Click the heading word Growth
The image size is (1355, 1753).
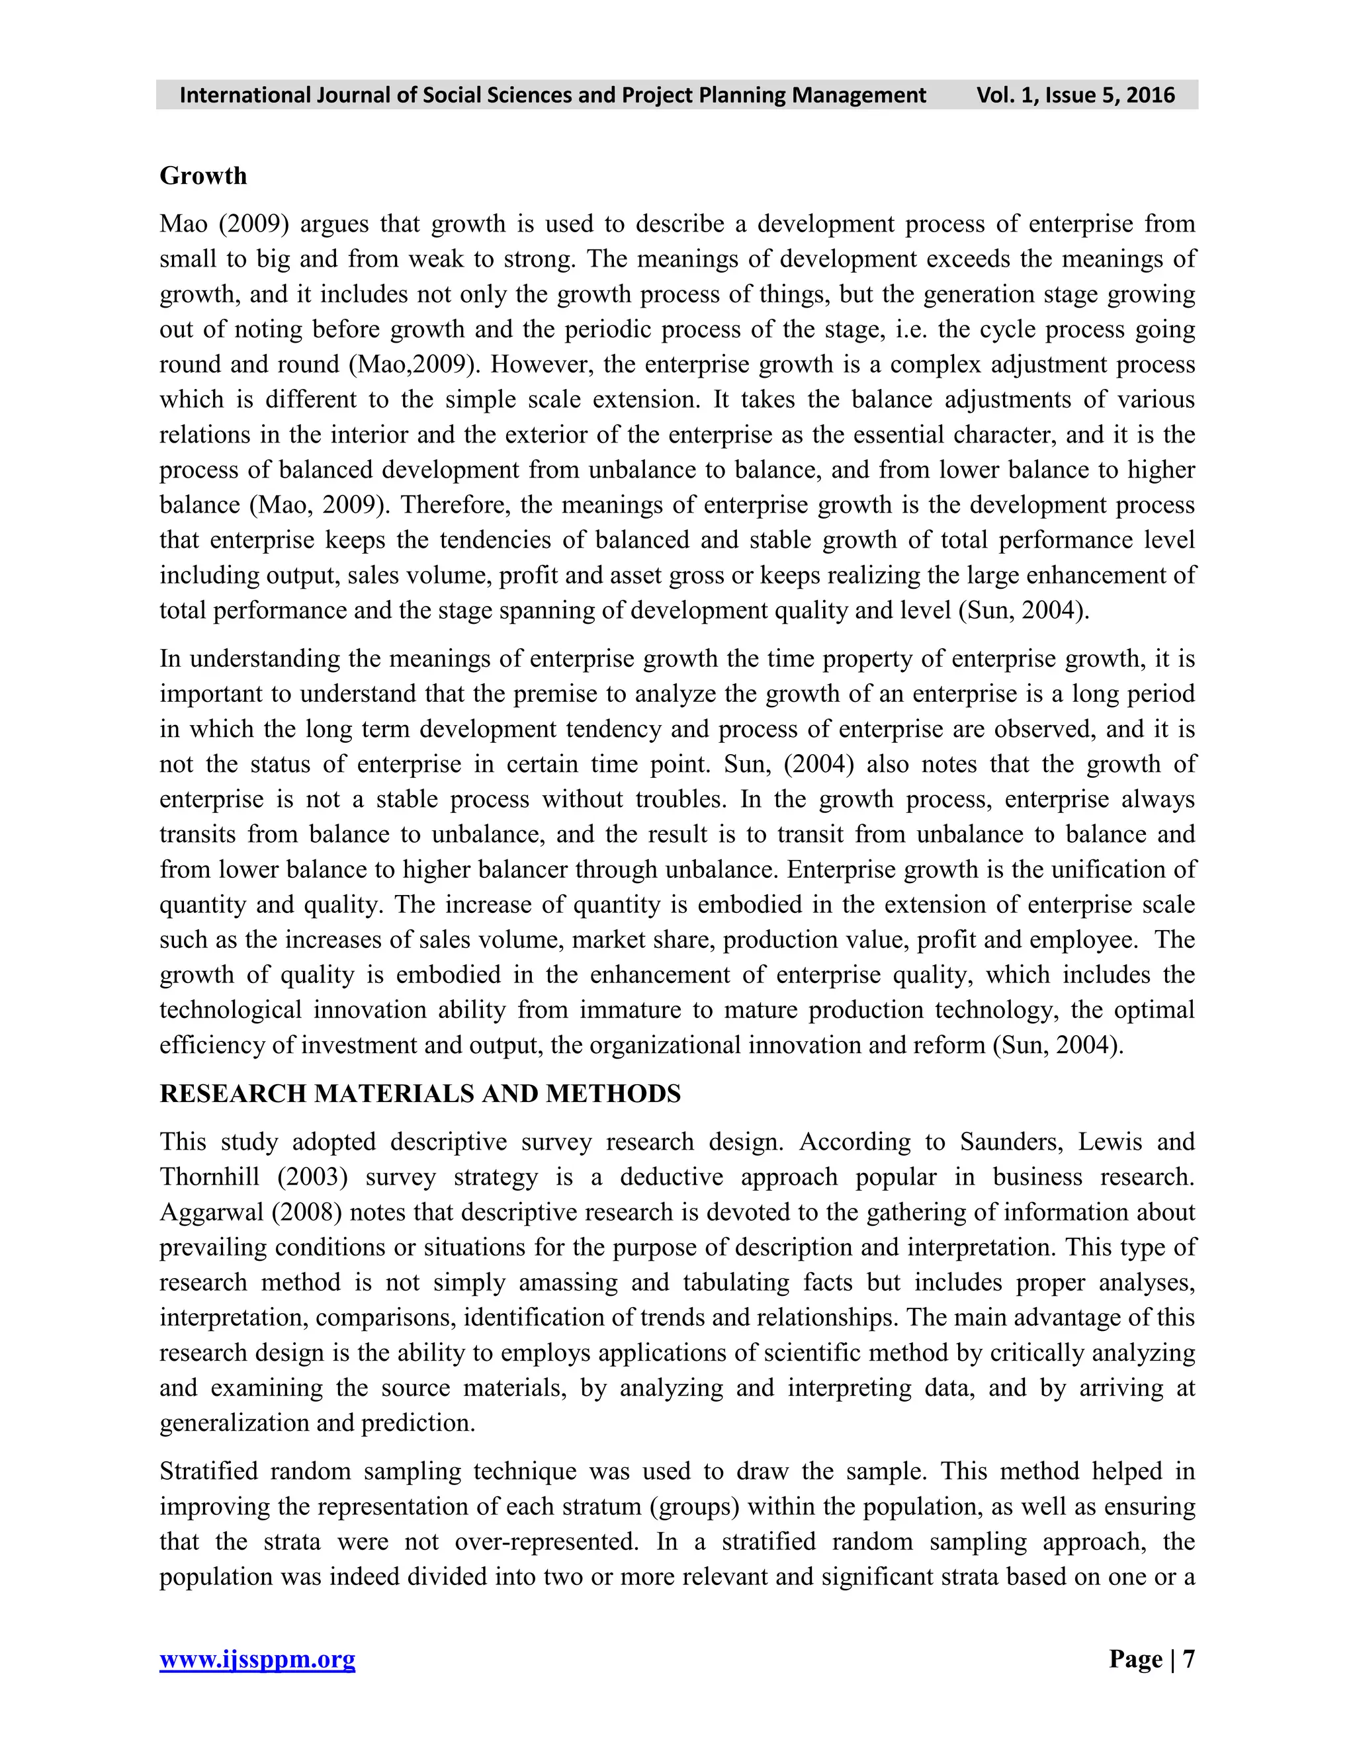coord(203,176)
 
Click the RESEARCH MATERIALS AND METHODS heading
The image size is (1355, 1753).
coord(420,1094)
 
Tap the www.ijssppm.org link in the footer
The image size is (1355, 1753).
coord(257,1659)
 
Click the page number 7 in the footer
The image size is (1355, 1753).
coord(1188,1659)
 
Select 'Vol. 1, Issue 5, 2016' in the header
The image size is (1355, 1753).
coord(1075,95)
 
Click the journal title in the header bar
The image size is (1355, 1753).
coord(552,95)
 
